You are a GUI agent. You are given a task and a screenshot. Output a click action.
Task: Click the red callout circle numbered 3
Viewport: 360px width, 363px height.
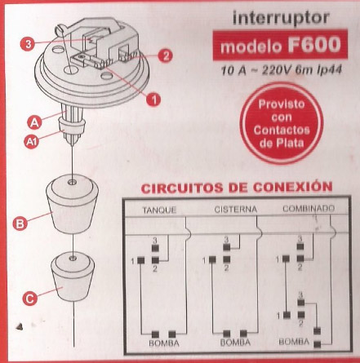click(29, 44)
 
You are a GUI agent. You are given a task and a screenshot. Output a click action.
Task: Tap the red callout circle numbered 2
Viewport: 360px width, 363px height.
click(165, 55)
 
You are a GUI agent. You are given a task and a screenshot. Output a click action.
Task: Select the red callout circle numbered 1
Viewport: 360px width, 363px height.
click(153, 100)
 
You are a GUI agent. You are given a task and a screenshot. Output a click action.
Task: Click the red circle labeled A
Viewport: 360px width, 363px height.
click(34, 122)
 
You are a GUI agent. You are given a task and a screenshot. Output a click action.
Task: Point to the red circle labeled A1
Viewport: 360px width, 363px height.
click(32, 141)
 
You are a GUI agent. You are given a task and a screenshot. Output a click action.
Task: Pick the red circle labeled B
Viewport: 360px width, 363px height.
click(20, 224)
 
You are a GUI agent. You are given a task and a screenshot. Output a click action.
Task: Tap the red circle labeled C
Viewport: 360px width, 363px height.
click(29, 299)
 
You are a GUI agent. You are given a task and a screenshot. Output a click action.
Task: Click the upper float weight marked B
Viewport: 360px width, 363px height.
click(72, 204)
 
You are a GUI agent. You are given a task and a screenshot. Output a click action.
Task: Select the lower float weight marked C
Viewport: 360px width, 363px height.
click(73, 277)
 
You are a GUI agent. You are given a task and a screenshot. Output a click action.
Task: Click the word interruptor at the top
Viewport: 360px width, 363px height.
click(281, 18)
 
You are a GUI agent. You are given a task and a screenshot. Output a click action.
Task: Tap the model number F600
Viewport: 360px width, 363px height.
click(314, 45)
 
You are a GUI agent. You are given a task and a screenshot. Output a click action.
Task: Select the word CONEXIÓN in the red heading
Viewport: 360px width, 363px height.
click(292, 188)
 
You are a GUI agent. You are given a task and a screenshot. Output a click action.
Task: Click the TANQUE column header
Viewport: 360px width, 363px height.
click(160, 210)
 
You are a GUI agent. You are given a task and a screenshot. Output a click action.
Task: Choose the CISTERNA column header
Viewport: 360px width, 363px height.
click(236, 210)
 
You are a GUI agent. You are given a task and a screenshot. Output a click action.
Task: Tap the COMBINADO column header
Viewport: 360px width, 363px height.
click(309, 209)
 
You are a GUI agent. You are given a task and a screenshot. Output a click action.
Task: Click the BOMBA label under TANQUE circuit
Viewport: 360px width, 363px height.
click(164, 343)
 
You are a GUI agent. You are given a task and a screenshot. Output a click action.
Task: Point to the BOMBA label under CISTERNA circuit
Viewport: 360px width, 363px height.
click(235, 343)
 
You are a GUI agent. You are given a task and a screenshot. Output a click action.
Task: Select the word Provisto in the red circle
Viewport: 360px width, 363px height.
click(282, 104)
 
